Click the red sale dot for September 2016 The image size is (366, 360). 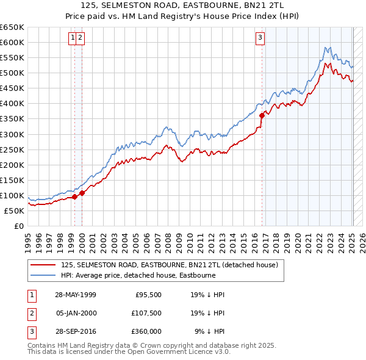pos(262,115)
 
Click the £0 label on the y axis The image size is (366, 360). pos(18,226)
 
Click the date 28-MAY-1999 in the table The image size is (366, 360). pos(76,295)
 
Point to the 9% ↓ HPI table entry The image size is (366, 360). pos(210,331)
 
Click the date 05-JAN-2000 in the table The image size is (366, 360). pos(76,313)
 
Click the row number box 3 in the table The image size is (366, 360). pos(31,331)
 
